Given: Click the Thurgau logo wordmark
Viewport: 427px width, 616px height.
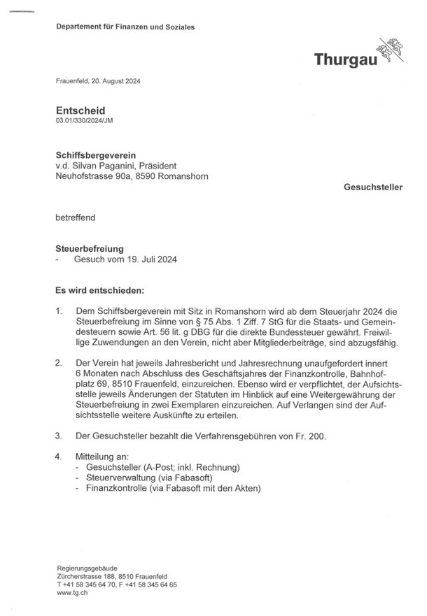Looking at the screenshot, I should (346, 60).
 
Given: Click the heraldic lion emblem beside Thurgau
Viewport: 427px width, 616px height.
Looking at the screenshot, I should (391, 51).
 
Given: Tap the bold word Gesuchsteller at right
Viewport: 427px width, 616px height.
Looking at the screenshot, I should (374, 188).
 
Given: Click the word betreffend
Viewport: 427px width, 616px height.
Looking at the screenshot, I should (75, 217).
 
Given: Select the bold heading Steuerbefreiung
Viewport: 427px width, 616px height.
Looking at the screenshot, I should (90, 248).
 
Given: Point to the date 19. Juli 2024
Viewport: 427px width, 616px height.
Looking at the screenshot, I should (149, 259).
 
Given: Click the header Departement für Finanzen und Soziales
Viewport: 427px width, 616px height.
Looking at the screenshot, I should (126, 27).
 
